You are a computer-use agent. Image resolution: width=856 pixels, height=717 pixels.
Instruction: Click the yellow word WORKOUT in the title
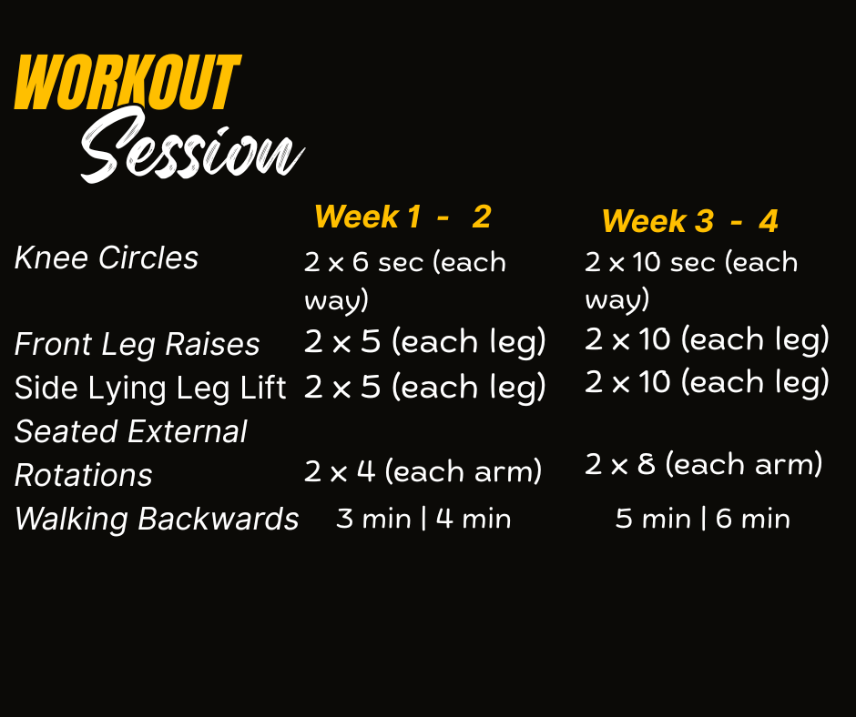127,82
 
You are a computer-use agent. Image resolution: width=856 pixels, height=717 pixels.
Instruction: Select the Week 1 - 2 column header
403,217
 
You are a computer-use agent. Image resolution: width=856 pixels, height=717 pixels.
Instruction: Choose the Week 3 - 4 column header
690,221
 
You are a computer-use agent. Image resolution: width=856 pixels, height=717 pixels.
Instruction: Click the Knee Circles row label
106,258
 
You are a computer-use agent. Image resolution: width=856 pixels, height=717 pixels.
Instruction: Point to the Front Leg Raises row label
137,344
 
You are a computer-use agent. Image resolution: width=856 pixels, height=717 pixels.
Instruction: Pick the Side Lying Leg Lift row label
150,388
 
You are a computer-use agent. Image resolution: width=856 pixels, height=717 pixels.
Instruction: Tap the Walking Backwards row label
157,519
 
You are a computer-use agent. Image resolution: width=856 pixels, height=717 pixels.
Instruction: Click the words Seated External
130,431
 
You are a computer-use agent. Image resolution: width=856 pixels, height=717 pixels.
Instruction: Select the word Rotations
83,475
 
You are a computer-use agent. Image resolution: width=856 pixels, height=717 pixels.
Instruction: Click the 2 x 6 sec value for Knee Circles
405,280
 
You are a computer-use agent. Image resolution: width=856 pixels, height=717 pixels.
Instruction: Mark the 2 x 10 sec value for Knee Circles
691,280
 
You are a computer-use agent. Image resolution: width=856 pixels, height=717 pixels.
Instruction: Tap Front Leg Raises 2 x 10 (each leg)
707,340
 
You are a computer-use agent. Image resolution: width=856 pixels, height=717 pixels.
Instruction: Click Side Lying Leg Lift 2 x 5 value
424,388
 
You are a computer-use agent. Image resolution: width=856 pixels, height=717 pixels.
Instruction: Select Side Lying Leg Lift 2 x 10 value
707,382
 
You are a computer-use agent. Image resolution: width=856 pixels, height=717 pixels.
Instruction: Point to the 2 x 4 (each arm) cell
423,471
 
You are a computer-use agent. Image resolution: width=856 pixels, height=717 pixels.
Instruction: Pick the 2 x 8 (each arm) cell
704,465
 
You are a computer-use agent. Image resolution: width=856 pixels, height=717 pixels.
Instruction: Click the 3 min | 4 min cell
423,519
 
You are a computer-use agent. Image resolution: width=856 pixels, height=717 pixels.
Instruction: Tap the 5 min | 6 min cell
703,519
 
